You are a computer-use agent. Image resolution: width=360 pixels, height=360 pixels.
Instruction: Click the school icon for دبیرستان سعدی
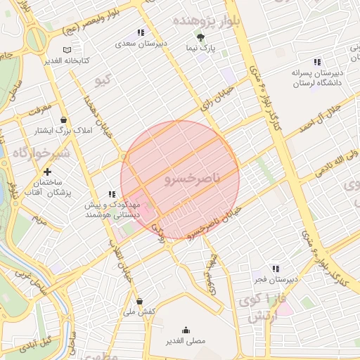point(141,32)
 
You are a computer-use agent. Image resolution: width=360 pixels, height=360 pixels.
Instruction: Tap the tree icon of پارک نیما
point(201,37)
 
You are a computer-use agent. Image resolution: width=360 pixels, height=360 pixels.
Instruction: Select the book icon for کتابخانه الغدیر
point(67,50)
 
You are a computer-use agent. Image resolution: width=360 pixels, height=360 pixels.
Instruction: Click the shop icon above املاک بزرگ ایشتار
point(65,120)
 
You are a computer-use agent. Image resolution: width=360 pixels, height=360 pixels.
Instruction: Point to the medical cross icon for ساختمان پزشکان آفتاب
point(47,172)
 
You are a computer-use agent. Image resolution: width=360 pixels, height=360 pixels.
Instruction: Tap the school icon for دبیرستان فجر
point(276,269)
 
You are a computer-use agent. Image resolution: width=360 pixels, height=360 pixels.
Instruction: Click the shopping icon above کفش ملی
point(139,301)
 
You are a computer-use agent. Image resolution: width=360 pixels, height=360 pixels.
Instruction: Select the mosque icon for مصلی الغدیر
point(186,330)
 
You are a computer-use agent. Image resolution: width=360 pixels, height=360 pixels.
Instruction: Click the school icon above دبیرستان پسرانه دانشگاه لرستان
point(316,61)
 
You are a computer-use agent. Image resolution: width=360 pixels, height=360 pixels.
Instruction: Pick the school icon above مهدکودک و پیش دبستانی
point(111,194)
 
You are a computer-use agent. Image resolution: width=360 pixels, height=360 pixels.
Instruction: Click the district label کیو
point(103,80)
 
